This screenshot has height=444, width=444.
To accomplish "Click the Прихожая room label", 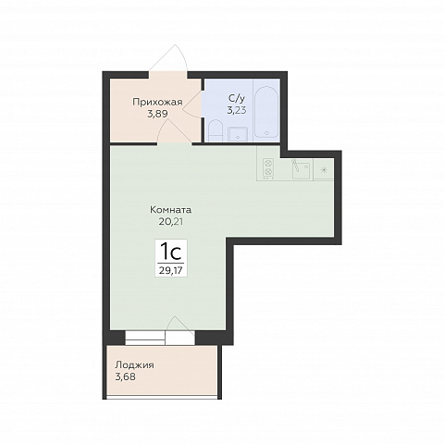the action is click(157, 103).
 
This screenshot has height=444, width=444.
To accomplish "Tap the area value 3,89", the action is click(157, 114).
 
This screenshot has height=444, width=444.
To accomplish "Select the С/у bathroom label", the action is click(237, 98).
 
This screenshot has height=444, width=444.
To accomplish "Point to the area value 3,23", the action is click(237, 110).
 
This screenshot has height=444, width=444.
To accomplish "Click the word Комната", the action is click(171, 210).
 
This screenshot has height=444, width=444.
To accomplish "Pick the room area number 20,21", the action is click(171, 221).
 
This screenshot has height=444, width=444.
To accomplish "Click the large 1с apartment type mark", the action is click(170, 252).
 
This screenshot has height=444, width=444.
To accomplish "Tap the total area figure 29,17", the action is click(170, 270).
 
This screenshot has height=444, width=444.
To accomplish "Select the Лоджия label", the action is click(134, 365).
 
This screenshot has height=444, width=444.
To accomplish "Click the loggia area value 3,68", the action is click(125, 376).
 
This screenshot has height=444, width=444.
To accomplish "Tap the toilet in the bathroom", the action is click(215, 130).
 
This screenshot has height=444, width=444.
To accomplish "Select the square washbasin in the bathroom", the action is click(238, 134).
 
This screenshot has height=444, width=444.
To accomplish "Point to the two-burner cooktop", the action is click(268, 169).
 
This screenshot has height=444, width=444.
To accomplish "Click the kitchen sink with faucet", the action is click(302, 169).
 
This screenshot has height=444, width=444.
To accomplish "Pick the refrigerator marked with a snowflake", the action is click(324, 169).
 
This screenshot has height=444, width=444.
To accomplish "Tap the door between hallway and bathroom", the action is click(192, 104).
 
